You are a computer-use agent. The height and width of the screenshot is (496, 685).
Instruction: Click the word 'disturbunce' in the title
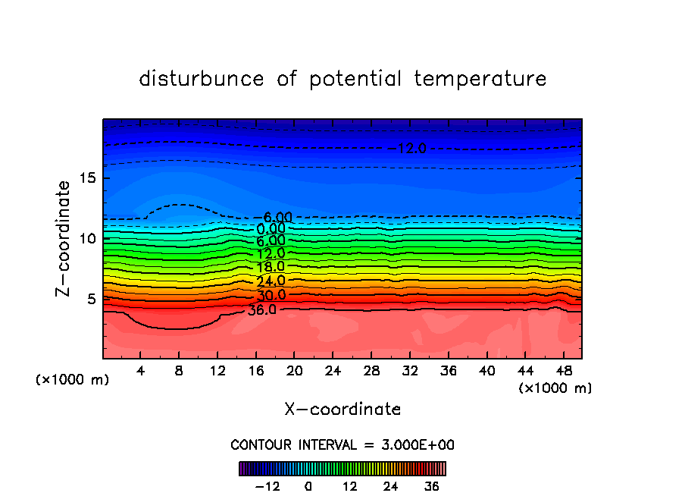pos(202,79)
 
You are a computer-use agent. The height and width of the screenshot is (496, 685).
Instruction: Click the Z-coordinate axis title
pos(64,238)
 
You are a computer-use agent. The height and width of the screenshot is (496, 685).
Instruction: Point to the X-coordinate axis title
pos(342,410)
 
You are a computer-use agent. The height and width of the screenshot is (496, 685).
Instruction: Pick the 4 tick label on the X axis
pos(141,372)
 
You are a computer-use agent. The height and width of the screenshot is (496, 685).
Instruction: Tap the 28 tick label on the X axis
pos(371,372)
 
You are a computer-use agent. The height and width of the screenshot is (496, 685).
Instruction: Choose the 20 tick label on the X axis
pos(294,372)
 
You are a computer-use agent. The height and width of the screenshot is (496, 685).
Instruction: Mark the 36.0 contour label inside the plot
pos(262,309)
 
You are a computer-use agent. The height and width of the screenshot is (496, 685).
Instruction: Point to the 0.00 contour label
pos(271,229)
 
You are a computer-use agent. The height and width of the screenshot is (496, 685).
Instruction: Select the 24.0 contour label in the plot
pos(271,281)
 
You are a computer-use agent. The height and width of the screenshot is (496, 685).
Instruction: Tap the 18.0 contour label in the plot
pos(271,267)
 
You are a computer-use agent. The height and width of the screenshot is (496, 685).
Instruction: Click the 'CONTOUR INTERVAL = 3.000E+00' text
pos(342,444)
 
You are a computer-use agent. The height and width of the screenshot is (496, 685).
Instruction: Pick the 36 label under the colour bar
pos(432,486)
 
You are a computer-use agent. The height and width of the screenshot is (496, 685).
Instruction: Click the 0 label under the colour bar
pos(308,486)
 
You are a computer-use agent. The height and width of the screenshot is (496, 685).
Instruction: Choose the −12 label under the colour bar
pos(267,486)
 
